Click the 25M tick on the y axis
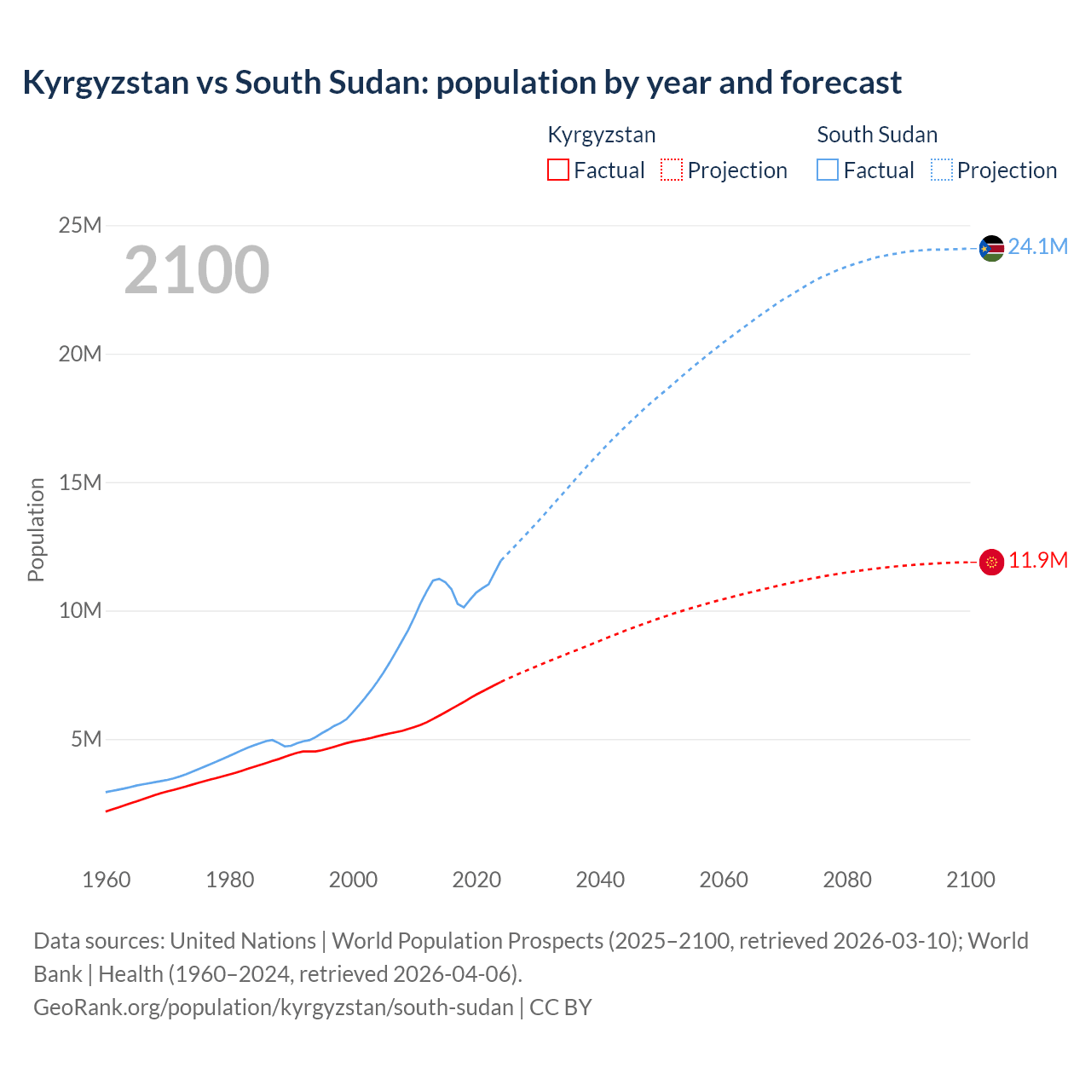click(x=79, y=225)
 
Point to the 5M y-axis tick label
click(x=86, y=739)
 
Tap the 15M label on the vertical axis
click(x=79, y=482)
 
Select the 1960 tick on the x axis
click(x=107, y=880)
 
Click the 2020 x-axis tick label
click(x=476, y=880)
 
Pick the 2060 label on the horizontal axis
click(x=724, y=880)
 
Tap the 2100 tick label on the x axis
click(x=970, y=880)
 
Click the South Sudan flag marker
click(x=991, y=248)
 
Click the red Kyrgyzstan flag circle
click(x=991, y=562)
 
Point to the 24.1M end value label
click(x=1037, y=247)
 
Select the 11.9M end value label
click(x=1037, y=561)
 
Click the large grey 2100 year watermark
click(x=197, y=271)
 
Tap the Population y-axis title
click(x=36, y=529)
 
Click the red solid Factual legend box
click(x=557, y=170)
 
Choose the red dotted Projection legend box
click(x=672, y=170)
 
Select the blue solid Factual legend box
click(x=828, y=170)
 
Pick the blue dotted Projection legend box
click(x=942, y=170)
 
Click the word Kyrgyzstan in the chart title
click(x=106, y=83)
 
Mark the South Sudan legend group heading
click(x=877, y=135)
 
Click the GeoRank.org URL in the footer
click(x=274, y=1007)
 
